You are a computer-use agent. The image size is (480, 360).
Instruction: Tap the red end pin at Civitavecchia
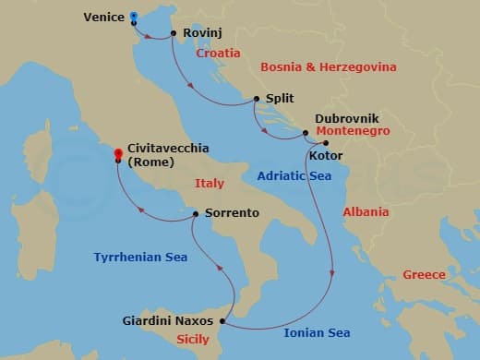pyautogui.click(x=117, y=153)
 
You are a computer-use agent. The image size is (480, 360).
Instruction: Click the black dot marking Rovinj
pyautogui.click(x=174, y=36)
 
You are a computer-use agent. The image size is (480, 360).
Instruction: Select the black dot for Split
pyautogui.click(x=256, y=98)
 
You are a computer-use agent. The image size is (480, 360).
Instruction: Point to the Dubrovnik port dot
pyautogui.click(x=306, y=135)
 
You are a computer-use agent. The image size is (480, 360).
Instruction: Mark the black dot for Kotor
pyautogui.click(x=325, y=143)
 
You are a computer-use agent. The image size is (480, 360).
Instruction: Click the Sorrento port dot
pyautogui.click(x=196, y=213)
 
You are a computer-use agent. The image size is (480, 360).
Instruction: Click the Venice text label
pyautogui.click(x=103, y=17)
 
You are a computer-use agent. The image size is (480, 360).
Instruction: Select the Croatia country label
pyautogui.click(x=218, y=54)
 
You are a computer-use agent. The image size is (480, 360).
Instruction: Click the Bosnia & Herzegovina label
pyautogui.click(x=329, y=67)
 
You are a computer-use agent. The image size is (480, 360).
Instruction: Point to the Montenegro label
pyautogui.click(x=353, y=131)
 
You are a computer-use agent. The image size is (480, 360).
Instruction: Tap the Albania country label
pyautogui.click(x=366, y=211)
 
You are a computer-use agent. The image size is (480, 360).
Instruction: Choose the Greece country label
pyautogui.click(x=424, y=274)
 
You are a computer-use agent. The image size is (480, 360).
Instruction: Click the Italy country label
pyautogui.click(x=210, y=184)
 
